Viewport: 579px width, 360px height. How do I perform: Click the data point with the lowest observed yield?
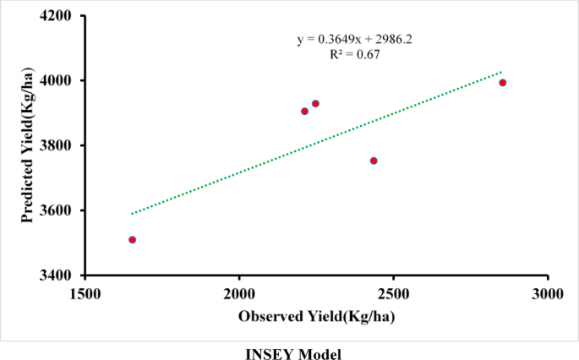pos(133,240)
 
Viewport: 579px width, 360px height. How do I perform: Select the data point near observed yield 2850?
pos(502,83)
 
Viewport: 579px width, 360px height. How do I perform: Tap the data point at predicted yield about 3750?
pos(374,161)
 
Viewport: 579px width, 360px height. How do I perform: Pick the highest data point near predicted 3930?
pos(315,104)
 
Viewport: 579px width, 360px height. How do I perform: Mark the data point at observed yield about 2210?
pos(304,112)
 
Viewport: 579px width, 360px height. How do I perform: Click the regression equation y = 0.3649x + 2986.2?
pos(354,39)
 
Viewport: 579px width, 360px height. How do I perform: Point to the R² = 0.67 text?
pos(354,54)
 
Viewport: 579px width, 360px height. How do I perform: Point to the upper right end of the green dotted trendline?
pos(501,72)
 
